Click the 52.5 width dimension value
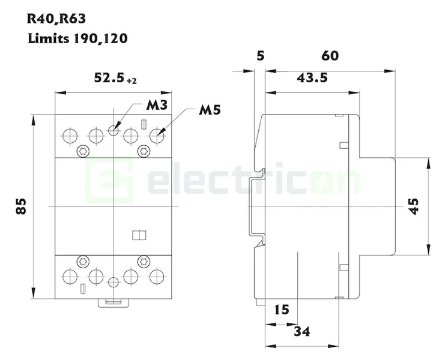[109, 78]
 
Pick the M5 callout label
[210, 111]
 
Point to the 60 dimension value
[330, 56]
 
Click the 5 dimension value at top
[259, 56]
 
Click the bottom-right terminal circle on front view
[157, 276]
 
